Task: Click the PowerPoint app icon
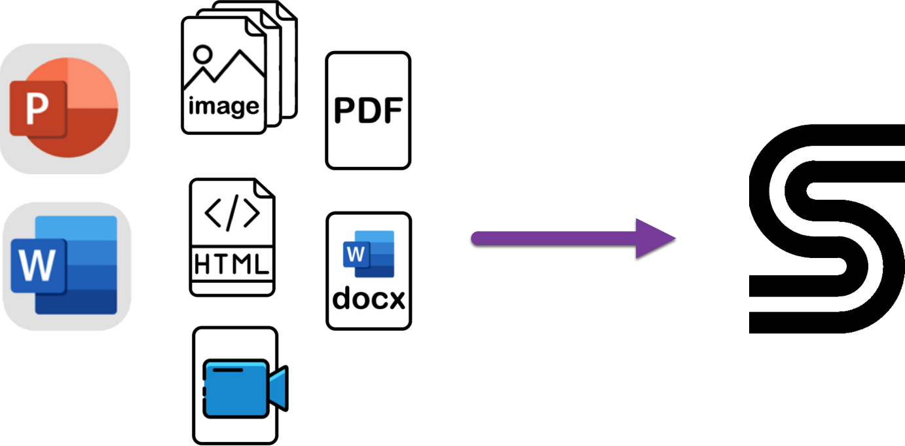(x=65, y=108)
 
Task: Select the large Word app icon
(x=66, y=265)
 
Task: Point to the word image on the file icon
(x=223, y=105)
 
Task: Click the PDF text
(x=367, y=111)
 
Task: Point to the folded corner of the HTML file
(x=265, y=188)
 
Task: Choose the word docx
(x=369, y=299)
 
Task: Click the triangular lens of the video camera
(x=278, y=388)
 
